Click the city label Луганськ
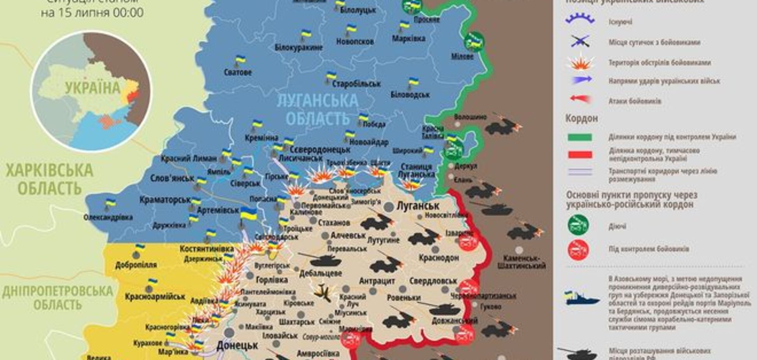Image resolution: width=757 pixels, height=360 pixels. pos(418,206)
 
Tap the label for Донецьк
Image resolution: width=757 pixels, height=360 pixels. pos(237,345)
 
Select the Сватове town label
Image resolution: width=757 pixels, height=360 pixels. pos(238,72)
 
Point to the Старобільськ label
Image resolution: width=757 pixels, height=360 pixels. pos(356,84)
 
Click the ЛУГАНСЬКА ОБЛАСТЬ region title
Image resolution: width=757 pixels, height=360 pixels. pos(317,109)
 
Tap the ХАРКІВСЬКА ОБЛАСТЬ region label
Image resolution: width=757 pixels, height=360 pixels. pos(49,179)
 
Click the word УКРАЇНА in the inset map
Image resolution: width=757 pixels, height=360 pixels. pos(93,88)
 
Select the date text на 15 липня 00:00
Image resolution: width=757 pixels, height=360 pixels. pos(92,13)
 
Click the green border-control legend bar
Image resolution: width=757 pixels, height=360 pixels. pos(580,137)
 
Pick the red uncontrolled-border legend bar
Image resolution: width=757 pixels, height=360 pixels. pos(580,155)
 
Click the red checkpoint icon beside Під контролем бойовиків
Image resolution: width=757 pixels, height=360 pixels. pos(578,249)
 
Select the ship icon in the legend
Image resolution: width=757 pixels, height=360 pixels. pos(582,298)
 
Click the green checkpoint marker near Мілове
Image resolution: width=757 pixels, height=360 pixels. pos(474,42)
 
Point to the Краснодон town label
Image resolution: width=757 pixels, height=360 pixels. pos(439,258)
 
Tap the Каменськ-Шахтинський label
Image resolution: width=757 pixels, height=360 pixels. pos(521,262)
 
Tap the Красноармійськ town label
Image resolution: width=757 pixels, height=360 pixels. pos(155,297)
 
